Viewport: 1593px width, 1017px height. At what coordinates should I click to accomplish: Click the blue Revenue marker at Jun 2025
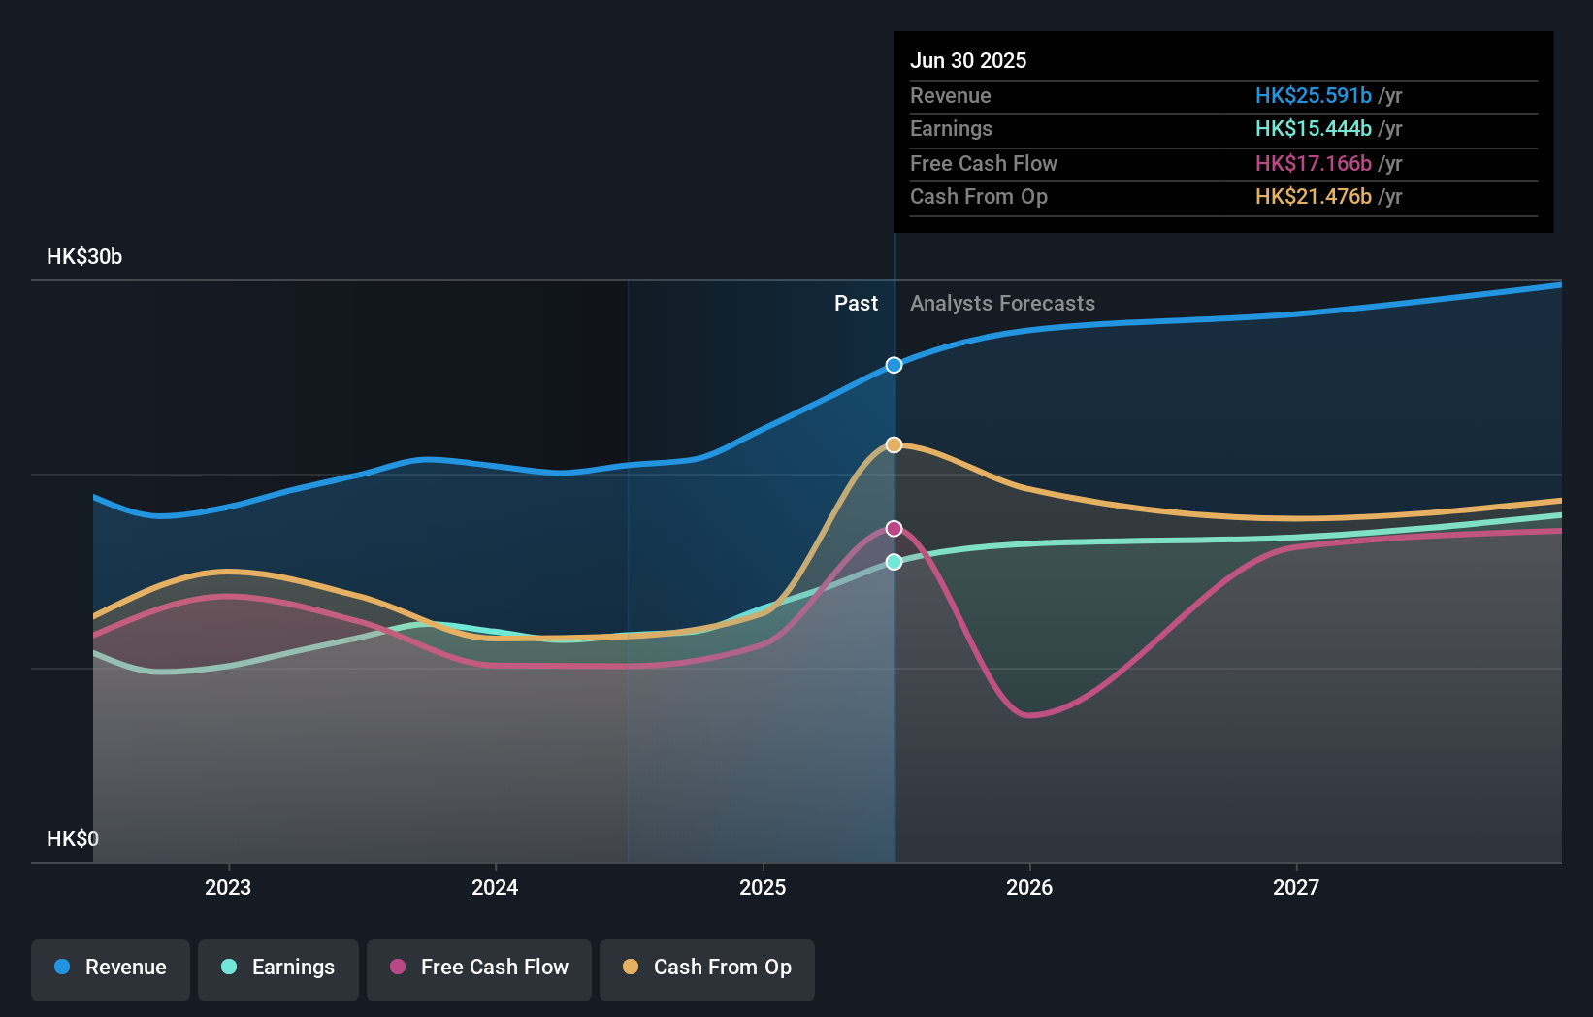coord(894,365)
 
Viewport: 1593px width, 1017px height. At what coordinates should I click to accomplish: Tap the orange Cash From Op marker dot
coord(894,444)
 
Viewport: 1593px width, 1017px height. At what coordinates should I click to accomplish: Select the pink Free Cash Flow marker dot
coord(894,529)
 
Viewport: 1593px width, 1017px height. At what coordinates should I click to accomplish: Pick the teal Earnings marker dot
coord(894,562)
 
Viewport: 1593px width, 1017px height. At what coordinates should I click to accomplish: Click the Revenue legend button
coord(111,968)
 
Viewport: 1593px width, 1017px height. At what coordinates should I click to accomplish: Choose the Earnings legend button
coord(278,968)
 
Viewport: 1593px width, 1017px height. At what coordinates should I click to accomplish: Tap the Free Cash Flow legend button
coord(479,968)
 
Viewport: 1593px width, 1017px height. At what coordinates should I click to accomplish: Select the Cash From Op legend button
coord(707,968)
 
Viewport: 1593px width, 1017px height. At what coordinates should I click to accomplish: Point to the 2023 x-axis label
coord(228,887)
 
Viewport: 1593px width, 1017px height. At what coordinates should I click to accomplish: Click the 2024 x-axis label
coord(495,887)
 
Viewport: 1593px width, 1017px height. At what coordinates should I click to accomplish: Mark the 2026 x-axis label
coord(1029,887)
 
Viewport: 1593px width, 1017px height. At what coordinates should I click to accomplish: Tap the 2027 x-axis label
coord(1296,887)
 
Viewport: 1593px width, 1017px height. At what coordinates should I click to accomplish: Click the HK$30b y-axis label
coord(84,257)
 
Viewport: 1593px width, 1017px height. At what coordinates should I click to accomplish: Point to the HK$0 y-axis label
coord(73,838)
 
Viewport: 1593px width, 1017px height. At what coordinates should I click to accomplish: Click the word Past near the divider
coord(856,304)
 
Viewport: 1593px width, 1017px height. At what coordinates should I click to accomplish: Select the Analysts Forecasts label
coord(1002,304)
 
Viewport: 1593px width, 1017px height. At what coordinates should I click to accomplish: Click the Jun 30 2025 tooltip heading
coord(968,60)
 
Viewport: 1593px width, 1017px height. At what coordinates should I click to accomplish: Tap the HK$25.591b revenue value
coord(1314,95)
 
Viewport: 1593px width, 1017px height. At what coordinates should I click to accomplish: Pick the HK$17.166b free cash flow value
coord(1314,163)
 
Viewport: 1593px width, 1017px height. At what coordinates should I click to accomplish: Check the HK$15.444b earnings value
coord(1314,129)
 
